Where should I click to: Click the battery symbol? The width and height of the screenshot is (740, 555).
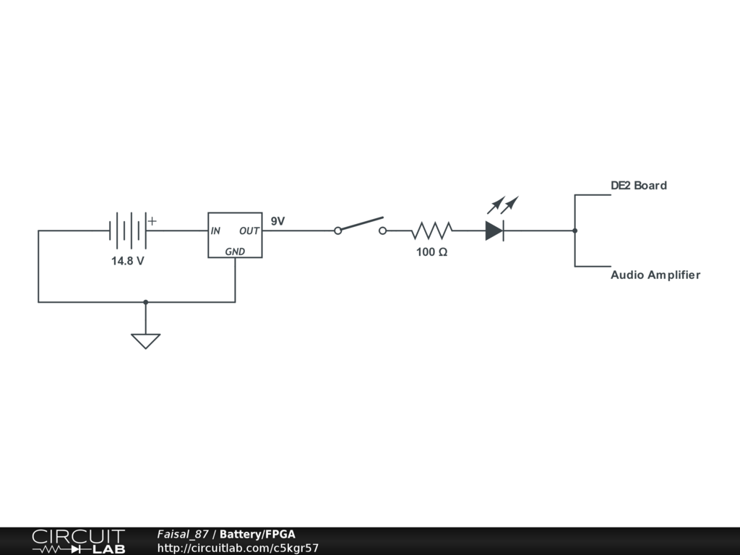tap(128, 231)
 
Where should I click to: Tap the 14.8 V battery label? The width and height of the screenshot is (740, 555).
tap(127, 261)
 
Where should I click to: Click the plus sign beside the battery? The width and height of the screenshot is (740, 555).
tap(152, 221)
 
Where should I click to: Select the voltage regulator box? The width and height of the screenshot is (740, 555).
tap(235, 235)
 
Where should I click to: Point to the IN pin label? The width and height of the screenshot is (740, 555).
tap(215, 231)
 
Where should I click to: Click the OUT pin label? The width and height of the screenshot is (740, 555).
tap(249, 231)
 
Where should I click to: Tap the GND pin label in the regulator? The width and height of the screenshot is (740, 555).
tap(235, 251)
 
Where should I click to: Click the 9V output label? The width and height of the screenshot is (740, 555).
tap(277, 221)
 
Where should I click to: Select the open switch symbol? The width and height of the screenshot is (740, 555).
tap(360, 227)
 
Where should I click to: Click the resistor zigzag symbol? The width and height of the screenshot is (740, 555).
tap(432, 231)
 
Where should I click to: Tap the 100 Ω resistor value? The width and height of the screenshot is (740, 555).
tap(431, 252)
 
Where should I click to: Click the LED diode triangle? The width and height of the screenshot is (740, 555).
tap(494, 231)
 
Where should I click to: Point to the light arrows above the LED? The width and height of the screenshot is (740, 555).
tap(503, 205)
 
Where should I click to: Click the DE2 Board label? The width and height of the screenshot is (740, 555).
tap(639, 186)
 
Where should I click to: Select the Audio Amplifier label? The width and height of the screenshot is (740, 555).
tap(655, 275)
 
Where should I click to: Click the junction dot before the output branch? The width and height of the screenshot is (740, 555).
tap(575, 231)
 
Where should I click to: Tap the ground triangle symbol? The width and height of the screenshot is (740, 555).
tap(145, 340)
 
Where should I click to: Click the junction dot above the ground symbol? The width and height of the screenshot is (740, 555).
tap(145, 302)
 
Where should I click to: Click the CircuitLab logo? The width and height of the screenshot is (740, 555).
tap(78, 541)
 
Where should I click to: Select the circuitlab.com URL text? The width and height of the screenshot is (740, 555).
tap(238, 548)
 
